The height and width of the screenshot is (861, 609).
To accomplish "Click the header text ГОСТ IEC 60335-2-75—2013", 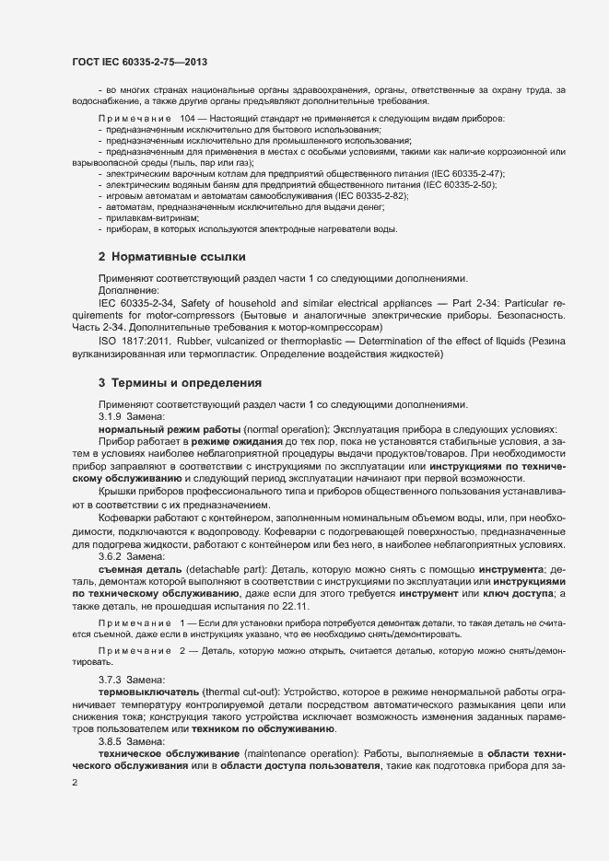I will click(139, 62).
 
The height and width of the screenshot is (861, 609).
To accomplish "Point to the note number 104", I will click(190, 120).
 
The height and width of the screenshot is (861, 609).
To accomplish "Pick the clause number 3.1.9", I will click(111, 418).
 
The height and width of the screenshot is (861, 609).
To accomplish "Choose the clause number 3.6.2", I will click(111, 557).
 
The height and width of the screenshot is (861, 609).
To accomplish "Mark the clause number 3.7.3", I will click(111, 679).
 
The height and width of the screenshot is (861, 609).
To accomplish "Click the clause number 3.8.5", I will click(111, 739).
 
